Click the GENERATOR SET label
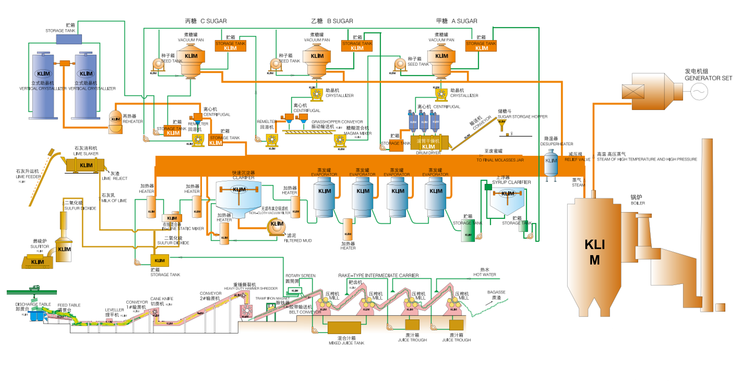pos(708,78)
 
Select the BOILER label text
pos(638,203)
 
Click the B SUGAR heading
pos(340,21)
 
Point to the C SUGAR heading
pos(213,21)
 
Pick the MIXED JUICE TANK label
pos(346,343)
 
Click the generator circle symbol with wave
pos(699,91)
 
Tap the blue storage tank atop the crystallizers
pos(69,39)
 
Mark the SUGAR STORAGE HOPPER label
pos(522,117)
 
